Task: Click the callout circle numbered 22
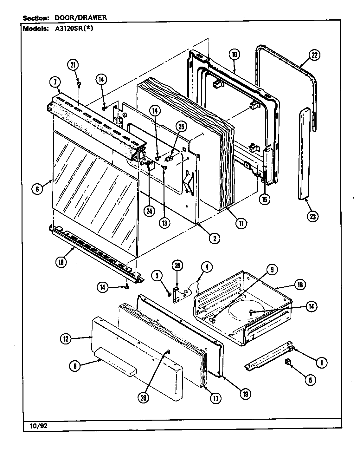[314, 55]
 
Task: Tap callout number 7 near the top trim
[55, 82]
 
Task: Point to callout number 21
[73, 65]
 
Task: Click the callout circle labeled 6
[37, 189]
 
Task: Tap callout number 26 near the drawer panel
[144, 399]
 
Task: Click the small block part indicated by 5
[288, 361]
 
